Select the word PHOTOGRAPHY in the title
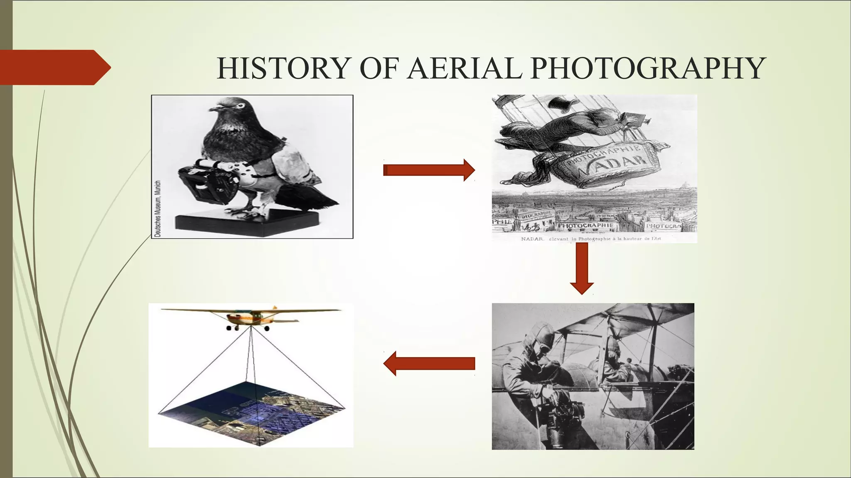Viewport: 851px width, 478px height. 648,68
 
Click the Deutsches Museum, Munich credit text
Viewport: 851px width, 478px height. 157,209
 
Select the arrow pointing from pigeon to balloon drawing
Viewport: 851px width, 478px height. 429,170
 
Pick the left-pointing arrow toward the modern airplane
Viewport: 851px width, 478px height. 429,363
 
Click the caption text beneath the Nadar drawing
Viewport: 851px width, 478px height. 590,239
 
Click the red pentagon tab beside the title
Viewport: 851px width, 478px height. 54,67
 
